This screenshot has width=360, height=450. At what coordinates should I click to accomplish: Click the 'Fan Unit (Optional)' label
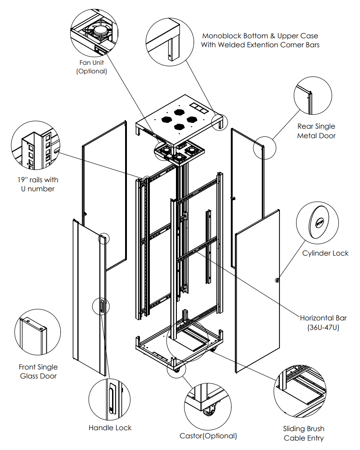point(92,67)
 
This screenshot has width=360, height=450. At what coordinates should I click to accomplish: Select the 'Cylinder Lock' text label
point(325,253)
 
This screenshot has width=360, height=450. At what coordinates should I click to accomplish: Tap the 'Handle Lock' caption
point(110,427)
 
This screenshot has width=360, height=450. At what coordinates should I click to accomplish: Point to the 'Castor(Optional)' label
point(208,436)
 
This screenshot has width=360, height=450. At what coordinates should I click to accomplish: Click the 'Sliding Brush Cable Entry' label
point(304,433)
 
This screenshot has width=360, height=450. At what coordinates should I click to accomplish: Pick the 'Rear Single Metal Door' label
point(316,131)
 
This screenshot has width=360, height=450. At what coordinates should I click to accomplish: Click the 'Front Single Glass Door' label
point(39,371)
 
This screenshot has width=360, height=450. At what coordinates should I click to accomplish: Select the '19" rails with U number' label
point(38,184)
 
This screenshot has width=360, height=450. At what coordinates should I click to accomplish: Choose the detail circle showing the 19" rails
point(34,144)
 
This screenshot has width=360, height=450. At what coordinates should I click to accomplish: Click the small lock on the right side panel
point(277,280)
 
